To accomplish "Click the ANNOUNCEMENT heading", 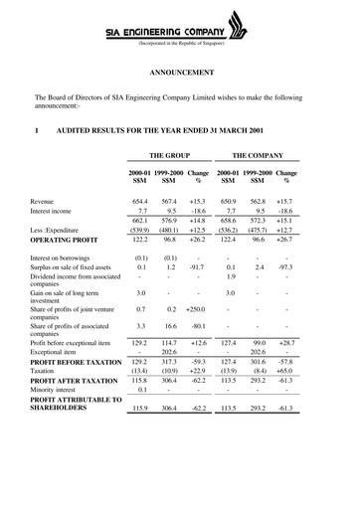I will [180, 74].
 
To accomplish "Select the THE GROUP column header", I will [170, 157].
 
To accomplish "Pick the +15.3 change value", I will [199, 201].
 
